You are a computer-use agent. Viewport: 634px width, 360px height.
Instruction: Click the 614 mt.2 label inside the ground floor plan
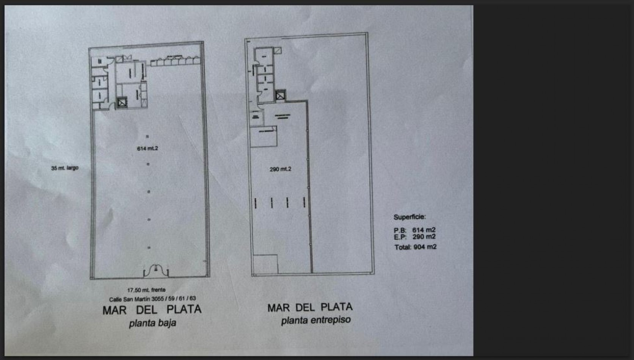point(148,149)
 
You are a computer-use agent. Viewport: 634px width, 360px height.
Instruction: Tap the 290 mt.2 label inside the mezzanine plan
point(280,169)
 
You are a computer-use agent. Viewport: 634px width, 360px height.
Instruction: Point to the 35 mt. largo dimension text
point(65,168)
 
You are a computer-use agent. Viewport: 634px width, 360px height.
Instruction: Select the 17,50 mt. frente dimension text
point(146,290)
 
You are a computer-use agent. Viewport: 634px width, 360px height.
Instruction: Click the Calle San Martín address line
point(152,299)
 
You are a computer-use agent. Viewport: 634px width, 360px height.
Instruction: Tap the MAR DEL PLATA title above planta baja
point(152,310)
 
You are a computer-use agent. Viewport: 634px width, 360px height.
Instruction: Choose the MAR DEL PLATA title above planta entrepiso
point(310,307)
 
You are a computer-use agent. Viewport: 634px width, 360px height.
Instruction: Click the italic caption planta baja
point(152,323)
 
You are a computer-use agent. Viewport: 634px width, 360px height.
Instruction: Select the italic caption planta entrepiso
point(316,320)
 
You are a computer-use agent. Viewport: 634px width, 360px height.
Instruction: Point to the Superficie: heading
point(410,217)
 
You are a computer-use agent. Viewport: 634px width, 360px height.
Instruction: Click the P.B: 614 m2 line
point(415,230)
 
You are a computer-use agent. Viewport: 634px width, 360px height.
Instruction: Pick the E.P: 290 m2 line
point(415,237)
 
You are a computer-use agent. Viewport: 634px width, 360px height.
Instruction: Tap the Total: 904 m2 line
point(416,247)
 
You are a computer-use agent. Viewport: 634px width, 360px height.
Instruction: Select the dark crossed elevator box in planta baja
point(122,102)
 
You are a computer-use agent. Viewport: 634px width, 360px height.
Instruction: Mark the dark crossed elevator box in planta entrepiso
point(280,95)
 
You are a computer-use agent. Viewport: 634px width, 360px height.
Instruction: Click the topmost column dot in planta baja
point(147,136)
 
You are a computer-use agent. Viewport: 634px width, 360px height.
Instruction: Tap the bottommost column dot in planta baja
point(149,248)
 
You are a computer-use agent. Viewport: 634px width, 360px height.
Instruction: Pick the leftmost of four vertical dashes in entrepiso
point(256,203)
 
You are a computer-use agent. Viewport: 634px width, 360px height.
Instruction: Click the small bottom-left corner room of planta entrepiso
point(265,264)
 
